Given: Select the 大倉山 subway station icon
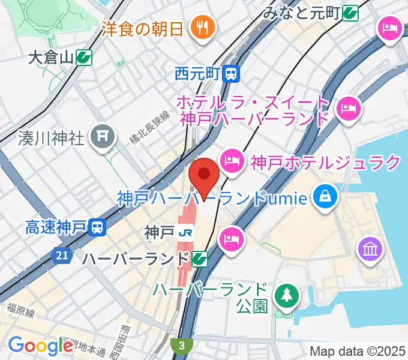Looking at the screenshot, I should click(84, 58).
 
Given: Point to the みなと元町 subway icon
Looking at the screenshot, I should click(352, 11).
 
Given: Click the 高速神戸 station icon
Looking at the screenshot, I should click(96, 227).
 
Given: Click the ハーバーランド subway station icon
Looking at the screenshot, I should click(200, 259).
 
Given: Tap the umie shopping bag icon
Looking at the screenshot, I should click(325, 197).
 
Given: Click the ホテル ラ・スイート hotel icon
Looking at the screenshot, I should click(347, 109).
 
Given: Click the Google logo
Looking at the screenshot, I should click(40, 345).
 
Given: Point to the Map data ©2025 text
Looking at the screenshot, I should click(358, 351).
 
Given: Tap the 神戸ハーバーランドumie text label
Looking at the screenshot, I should click(213, 197).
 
